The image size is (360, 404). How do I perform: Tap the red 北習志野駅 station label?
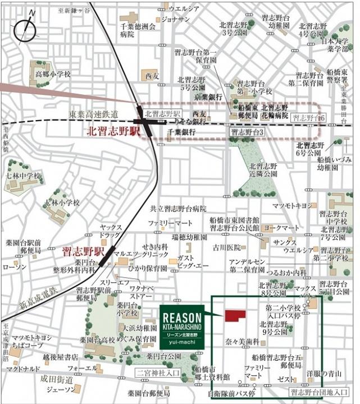111,132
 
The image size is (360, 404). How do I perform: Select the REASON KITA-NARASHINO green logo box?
180,321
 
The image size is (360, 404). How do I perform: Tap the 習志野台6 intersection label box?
310,118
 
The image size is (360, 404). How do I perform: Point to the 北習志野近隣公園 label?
263,169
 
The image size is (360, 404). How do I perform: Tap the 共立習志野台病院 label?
178,208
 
